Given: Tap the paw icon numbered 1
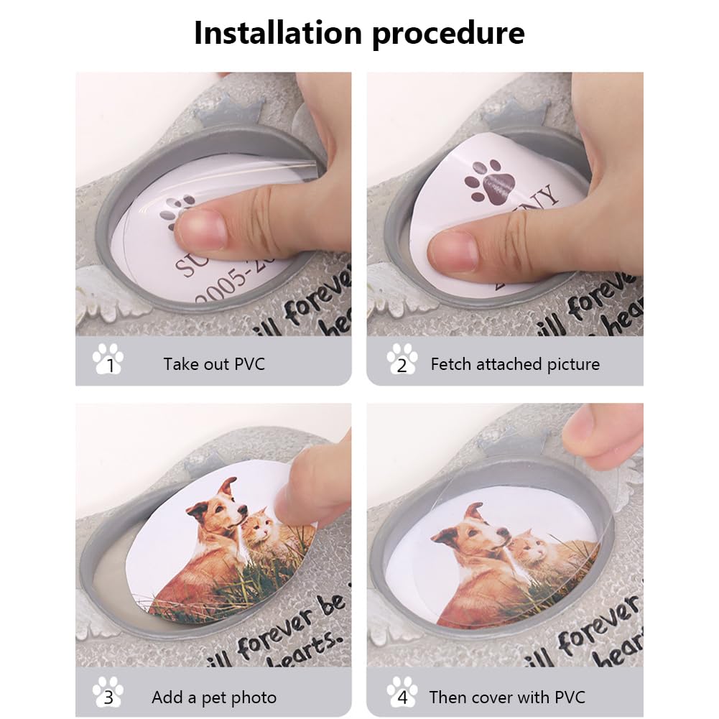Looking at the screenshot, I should [108, 358].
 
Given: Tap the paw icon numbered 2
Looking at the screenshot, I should [402, 358].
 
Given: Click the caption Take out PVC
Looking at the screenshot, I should [214, 364].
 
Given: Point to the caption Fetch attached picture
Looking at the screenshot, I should [515, 364].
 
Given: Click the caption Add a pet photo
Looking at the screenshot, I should [214, 697].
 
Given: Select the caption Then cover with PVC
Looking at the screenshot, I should [507, 697].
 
